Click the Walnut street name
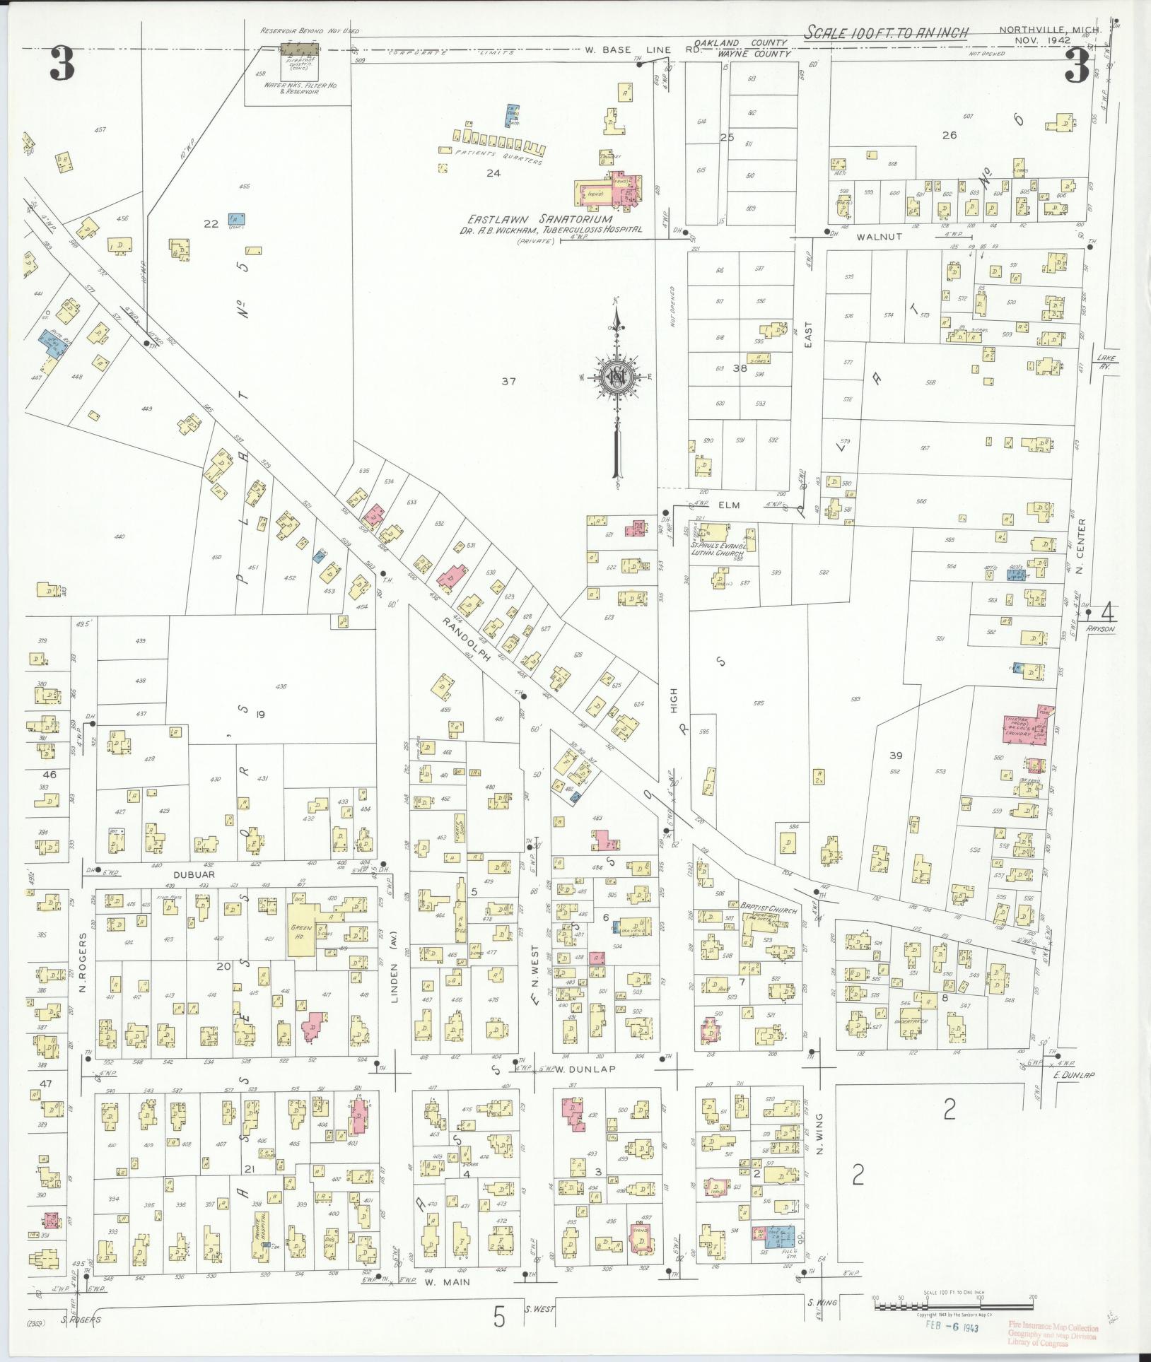(x=879, y=237)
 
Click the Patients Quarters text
(x=498, y=157)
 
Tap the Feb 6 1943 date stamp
(x=952, y=1327)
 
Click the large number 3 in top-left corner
(x=62, y=66)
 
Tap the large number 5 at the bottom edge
(x=499, y=1317)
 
